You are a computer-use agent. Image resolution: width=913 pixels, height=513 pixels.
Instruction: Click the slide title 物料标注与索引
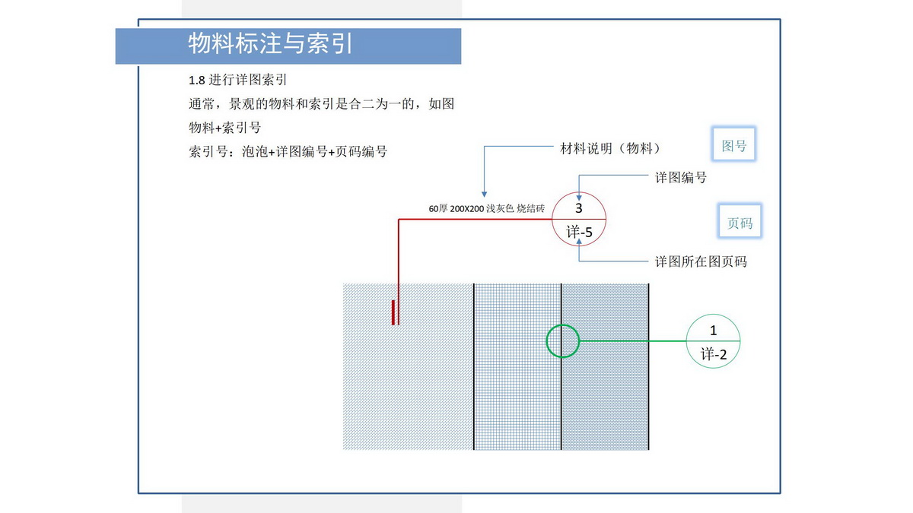click(x=271, y=44)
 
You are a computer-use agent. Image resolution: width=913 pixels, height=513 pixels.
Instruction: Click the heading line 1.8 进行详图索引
click(x=237, y=79)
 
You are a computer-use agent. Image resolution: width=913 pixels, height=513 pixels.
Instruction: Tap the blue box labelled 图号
click(x=734, y=146)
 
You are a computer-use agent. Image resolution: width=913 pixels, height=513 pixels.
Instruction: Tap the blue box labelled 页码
click(x=740, y=223)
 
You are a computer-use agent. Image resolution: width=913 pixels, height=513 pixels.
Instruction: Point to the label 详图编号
click(x=681, y=177)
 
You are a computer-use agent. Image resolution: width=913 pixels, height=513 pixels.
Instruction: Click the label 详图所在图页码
click(x=701, y=261)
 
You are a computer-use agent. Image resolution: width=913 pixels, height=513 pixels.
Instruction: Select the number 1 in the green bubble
click(x=713, y=331)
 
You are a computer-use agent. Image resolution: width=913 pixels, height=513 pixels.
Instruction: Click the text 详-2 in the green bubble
click(x=714, y=354)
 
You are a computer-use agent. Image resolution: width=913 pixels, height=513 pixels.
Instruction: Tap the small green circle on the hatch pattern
click(x=563, y=340)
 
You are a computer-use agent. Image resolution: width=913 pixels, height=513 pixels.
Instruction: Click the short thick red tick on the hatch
click(x=393, y=312)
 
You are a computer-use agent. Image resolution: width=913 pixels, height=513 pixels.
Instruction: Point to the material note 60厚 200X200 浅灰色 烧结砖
click(x=486, y=208)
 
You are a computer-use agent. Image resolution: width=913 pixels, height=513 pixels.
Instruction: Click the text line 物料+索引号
click(x=224, y=128)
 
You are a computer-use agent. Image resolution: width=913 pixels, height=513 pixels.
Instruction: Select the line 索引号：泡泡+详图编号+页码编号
click(x=288, y=151)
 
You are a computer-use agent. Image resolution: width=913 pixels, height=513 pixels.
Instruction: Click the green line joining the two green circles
click(x=631, y=341)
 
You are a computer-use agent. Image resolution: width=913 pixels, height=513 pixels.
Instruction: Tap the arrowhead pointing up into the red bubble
click(x=580, y=241)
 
